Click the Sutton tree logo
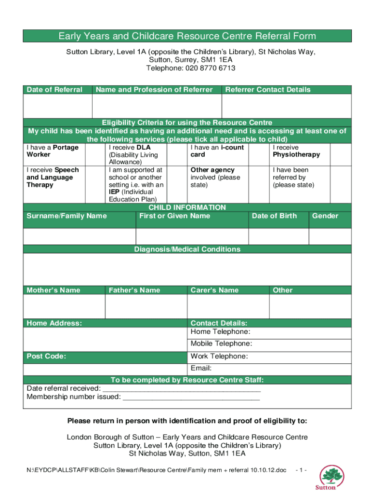pos(332,477)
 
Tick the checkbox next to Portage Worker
pos(95,154)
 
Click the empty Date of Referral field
pos(57,106)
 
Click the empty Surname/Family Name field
pos(79,236)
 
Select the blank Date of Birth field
pos(278,236)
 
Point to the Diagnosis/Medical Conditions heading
pos(187,249)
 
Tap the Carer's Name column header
pos(214,290)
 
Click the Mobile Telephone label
pos(221,344)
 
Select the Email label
pos(201,369)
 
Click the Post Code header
pos(46,357)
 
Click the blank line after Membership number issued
pos(191,397)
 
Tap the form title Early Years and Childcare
pos(187,36)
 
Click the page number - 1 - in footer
pos(301,470)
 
